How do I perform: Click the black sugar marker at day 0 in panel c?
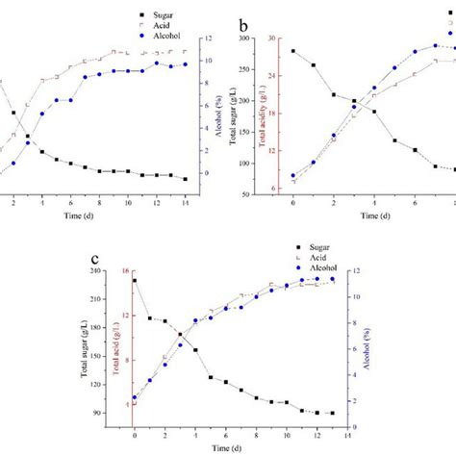(x=135, y=281)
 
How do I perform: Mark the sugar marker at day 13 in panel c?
(x=333, y=413)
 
